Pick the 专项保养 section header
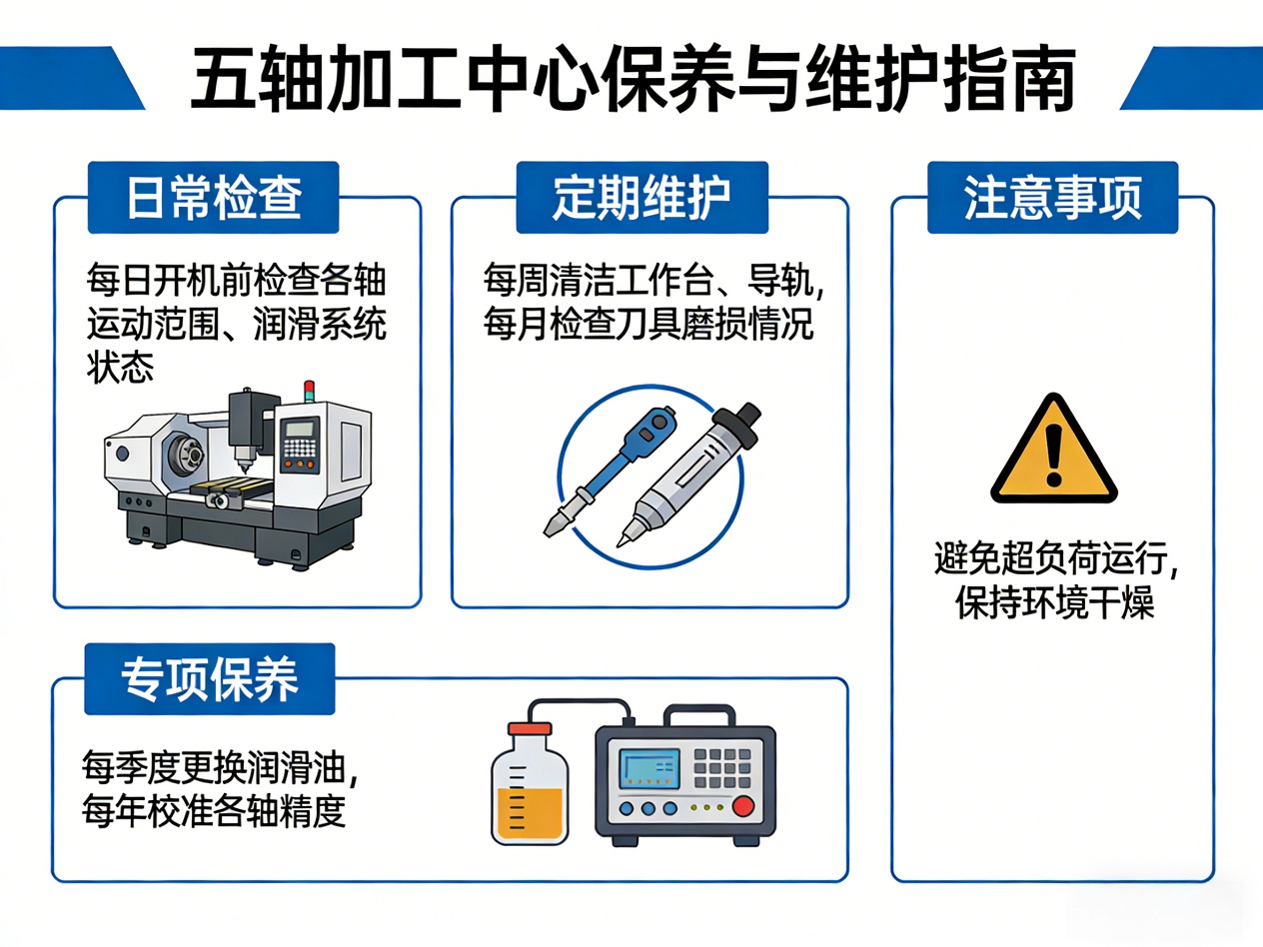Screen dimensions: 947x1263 (x=210, y=679)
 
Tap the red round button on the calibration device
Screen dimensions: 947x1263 (x=743, y=806)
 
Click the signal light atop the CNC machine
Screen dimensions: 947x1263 (x=309, y=391)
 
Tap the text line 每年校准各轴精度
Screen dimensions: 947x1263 (x=214, y=811)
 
